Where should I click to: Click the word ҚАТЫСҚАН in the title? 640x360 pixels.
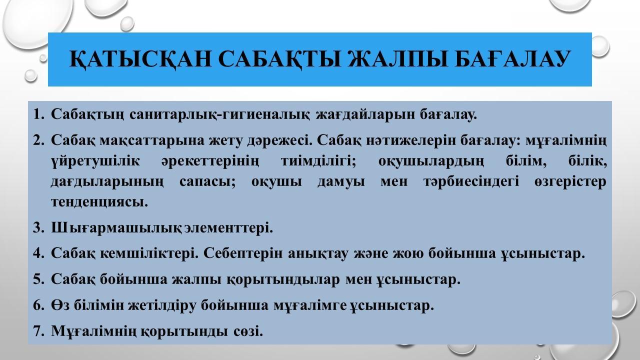[x=140, y=59]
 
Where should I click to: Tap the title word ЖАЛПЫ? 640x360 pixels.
[x=397, y=59]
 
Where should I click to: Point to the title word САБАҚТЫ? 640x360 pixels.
[x=279, y=59]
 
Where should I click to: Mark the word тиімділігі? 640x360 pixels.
[x=318, y=161]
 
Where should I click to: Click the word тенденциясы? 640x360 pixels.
[x=99, y=202]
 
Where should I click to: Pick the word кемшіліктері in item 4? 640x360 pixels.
[x=149, y=253]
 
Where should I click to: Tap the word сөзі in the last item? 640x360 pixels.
[x=248, y=331]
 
